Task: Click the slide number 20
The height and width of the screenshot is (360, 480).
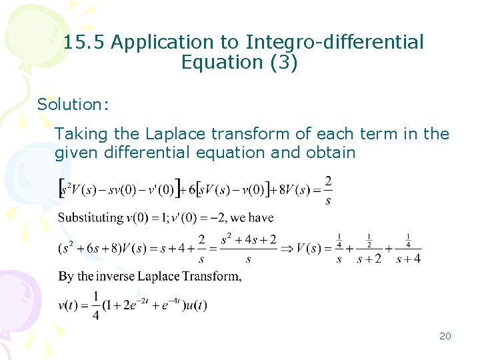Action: pyautogui.click(x=445, y=336)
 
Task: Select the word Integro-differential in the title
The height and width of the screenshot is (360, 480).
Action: pyautogui.click(x=335, y=43)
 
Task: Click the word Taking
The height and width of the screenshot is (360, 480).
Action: pyautogui.click(x=80, y=134)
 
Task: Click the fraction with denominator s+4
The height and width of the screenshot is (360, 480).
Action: pyautogui.click(x=408, y=251)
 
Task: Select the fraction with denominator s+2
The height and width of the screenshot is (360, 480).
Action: pyautogui.click(x=369, y=251)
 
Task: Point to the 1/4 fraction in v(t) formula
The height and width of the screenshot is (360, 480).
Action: pyautogui.click(x=95, y=306)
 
